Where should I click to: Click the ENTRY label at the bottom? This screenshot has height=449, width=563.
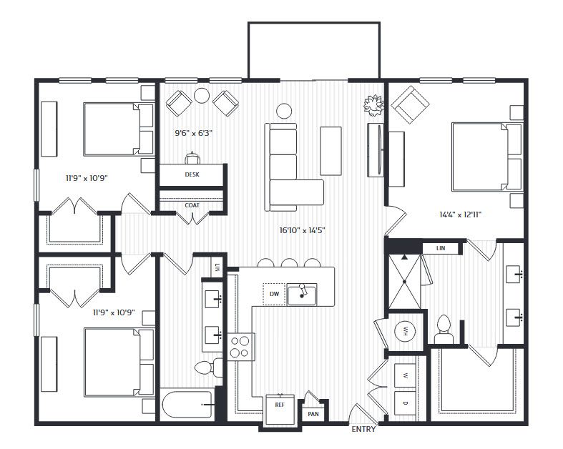363,429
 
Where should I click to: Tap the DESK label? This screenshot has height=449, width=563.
192,174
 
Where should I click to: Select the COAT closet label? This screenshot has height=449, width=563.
192,205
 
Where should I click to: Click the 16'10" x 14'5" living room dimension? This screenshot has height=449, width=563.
303,230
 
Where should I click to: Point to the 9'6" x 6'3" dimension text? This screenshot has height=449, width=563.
194,133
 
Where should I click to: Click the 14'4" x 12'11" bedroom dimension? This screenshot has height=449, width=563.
460,214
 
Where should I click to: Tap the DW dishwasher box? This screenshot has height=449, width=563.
274,294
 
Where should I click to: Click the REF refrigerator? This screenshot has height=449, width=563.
280,410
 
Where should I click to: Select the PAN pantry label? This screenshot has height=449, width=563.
313,414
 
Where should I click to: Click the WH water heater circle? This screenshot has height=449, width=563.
406,331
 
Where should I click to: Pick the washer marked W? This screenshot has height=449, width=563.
406,376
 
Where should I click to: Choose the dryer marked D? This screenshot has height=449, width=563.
406,403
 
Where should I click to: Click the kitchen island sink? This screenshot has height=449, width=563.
302,295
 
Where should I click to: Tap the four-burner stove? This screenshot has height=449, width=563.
240,347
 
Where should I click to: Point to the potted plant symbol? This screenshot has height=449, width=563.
373,105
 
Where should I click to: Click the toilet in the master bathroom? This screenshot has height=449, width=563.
444,329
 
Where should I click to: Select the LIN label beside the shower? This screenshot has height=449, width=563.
441,248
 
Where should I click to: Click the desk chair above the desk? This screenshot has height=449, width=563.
192,157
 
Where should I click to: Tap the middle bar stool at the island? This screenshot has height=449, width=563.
290,262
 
